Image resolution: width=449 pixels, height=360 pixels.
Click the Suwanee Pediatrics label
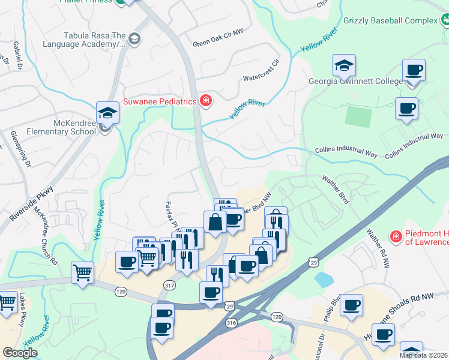(x=160, y=101)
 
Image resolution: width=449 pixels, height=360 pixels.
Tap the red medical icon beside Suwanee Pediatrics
(x=205, y=100)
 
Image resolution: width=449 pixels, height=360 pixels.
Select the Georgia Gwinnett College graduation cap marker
(x=345, y=65)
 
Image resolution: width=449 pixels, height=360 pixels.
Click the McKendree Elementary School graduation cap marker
(x=107, y=113)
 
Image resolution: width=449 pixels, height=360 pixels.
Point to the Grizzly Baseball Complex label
(x=390, y=20)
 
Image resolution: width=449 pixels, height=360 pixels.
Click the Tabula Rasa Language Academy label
(x=83, y=39)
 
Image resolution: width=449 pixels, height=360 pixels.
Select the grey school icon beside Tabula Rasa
(x=134, y=39)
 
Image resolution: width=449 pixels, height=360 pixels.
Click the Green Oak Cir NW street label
(x=218, y=43)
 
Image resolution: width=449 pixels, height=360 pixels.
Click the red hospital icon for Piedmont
(x=395, y=237)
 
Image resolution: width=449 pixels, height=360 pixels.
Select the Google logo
(x=20, y=353)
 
